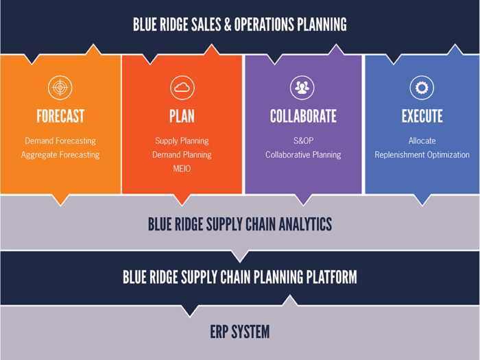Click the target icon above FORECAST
[60, 88]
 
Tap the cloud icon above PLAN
[182, 88]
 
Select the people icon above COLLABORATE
[302, 88]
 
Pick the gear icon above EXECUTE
[422, 88]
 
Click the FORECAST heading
[60, 116]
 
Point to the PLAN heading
[182, 116]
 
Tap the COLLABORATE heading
[303, 116]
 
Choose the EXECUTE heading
[422, 116]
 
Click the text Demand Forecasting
[60, 141]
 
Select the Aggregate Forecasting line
[60, 155]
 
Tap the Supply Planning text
[182, 141]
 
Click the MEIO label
[182, 169]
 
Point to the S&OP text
[303, 141]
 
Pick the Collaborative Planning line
[303, 155]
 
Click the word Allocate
[422, 141]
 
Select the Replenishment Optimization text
[422, 155]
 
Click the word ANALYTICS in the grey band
[305, 224]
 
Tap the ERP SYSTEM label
[240, 332]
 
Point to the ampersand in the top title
[228, 25]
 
